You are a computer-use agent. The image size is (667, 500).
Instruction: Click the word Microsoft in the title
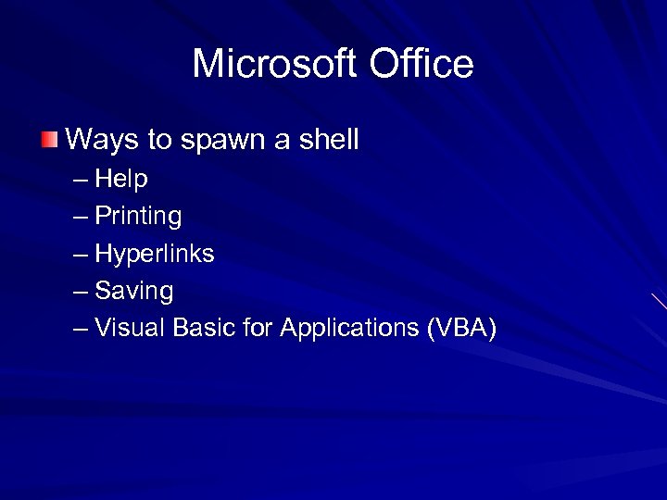pos(274,64)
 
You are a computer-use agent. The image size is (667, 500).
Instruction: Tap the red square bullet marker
pos(49,141)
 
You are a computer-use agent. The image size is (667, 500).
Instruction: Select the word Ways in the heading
pos(102,141)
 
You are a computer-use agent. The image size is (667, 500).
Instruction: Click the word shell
pos(328,141)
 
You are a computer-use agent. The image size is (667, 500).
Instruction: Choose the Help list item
pos(121,179)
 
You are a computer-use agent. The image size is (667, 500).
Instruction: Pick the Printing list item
pos(138,217)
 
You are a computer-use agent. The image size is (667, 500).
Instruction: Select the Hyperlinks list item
pos(155,254)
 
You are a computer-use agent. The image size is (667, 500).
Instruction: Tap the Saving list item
pos(134,292)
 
